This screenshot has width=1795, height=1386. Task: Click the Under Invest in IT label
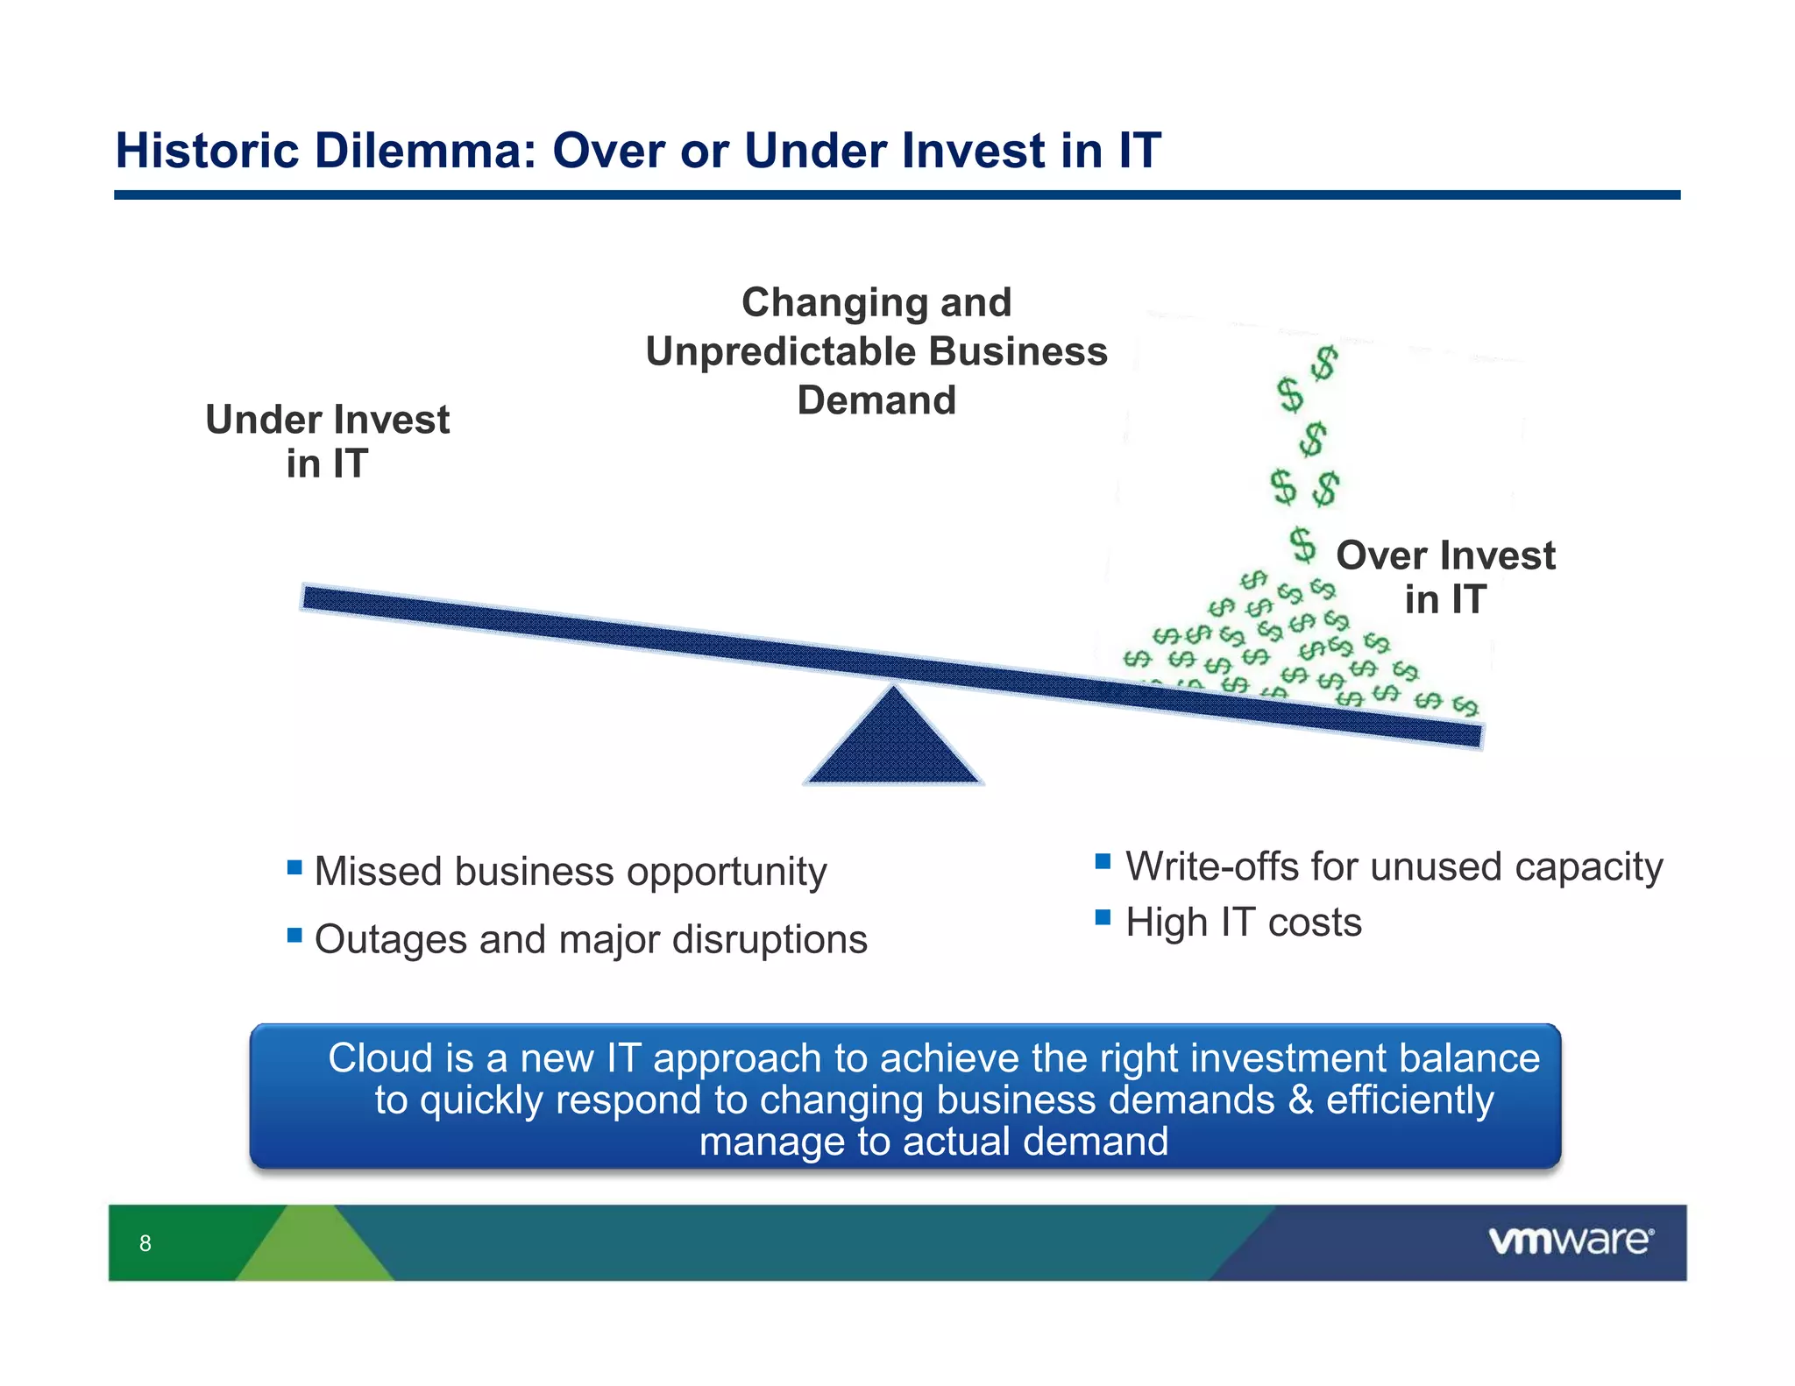coord(327,442)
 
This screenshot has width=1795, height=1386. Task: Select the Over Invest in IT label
coord(1445,577)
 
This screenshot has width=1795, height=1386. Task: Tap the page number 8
coord(145,1243)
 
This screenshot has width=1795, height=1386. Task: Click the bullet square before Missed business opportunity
coord(294,868)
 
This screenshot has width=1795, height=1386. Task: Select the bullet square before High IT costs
coord(1103,918)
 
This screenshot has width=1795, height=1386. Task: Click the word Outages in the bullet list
coord(390,939)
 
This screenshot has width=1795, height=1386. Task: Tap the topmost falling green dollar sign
coord(1324,363)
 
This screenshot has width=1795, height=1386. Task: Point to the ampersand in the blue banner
coord(1301,1100)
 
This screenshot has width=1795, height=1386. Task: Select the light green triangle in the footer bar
coord(314,1248)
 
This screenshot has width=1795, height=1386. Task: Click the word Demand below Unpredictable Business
coord(876,401)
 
